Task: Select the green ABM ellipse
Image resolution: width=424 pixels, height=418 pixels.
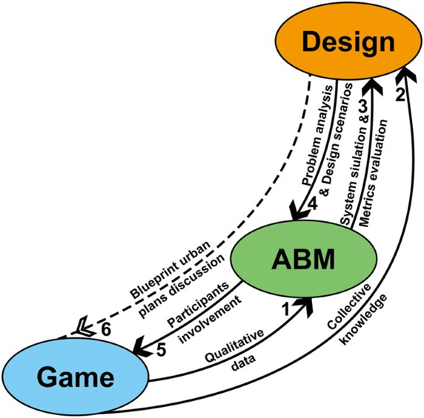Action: point(303,259)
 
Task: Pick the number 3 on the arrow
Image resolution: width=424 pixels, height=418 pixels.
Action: point(363,105)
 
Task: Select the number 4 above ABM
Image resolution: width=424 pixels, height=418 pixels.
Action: point(312,202)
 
